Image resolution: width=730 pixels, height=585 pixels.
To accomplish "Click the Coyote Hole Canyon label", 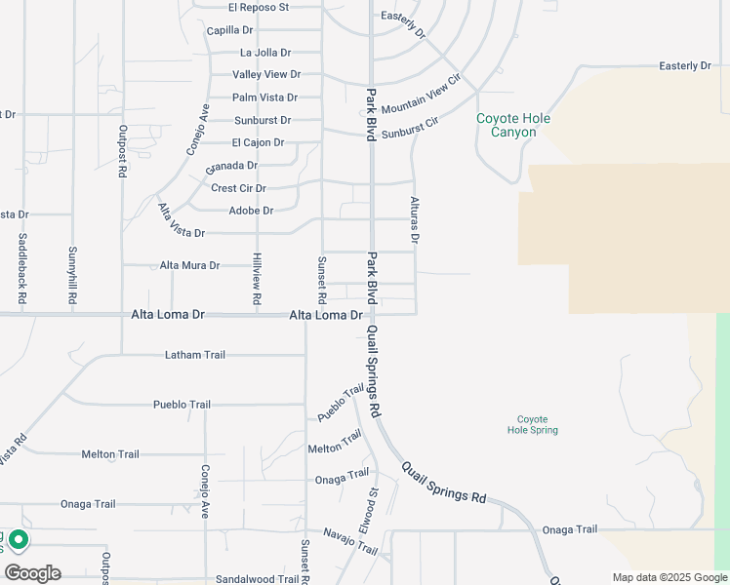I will [512, 125].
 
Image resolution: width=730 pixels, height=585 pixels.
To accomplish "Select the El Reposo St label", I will [259, 7].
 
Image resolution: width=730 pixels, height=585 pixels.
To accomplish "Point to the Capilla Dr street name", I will [229, 30].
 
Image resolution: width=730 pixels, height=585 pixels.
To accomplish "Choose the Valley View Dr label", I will [266, 74].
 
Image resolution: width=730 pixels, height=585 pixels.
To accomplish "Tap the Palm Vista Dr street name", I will [264, 97].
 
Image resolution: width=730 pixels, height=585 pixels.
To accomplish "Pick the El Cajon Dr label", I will [258, 142].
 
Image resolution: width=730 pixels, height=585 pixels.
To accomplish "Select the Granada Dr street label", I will [231, 166].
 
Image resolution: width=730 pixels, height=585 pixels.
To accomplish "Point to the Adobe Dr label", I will [251, 210].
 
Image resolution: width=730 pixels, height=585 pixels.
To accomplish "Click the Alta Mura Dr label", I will [190, 265].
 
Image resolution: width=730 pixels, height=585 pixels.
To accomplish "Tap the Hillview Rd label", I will [257, 281].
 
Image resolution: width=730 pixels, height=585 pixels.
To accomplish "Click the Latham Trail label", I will [195, 355].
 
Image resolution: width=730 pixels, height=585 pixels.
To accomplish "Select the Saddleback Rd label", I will [22, 257].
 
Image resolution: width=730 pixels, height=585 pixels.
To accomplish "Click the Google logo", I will [32, 573].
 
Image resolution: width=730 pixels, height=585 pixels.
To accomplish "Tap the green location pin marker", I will [20, 540].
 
